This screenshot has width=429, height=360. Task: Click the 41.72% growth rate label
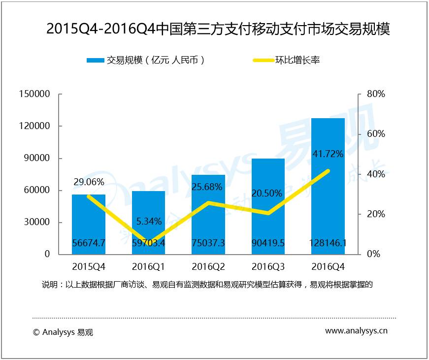(x=328, y=154)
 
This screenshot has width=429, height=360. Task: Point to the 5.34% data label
(x=149, y=220)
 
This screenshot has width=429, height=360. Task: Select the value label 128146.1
(x=328, y=243)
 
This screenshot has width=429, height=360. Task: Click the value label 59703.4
(x=149, y=243)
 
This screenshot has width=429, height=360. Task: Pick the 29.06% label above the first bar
(x=89, y=182)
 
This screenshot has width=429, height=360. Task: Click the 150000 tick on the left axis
(x=34, y=94)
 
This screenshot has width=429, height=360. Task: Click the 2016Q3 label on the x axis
(x=268, y=267)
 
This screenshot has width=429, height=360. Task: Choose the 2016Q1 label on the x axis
(x=149, y=267)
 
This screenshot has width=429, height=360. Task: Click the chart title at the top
(x=218, y=29)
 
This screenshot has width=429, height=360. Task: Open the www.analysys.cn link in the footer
(x=356, y=331)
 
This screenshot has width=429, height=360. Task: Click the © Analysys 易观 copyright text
(x=63, y=332)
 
